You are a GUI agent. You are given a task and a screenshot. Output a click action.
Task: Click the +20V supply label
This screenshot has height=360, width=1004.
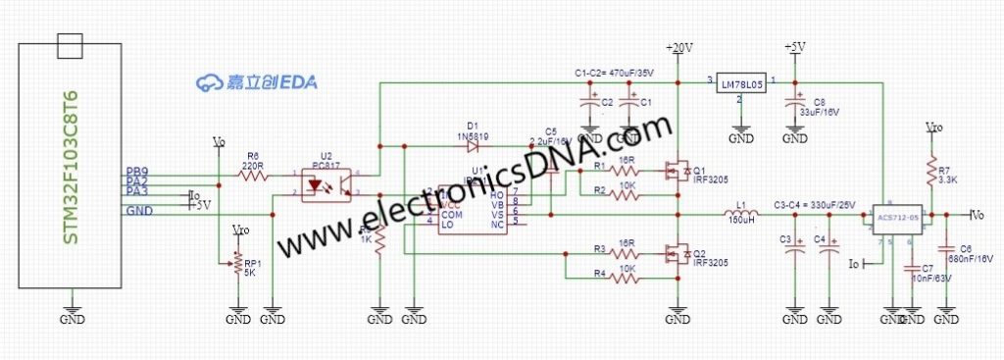(x=678, y=47)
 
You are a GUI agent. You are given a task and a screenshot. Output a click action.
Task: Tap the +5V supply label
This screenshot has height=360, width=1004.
(x=794, y=47)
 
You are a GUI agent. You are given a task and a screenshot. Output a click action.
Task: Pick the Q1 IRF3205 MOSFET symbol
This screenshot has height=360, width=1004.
(x=676, y=171)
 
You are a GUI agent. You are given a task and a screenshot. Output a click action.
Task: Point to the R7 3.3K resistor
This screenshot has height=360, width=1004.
(x=930, y=175)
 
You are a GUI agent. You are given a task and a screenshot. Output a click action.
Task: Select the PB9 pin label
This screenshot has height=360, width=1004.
(x=137, y=173)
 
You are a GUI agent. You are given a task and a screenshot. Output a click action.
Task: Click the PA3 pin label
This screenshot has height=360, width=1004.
(x=137, y=192)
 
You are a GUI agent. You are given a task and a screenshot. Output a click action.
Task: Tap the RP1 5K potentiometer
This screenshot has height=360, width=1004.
(x=234, y=263)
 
